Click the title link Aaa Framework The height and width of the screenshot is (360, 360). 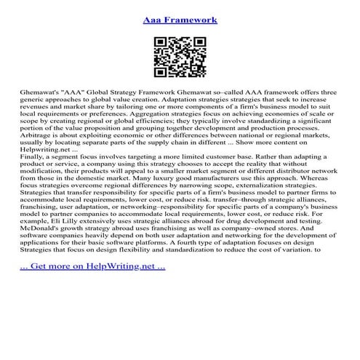click(x=180, y=20)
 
